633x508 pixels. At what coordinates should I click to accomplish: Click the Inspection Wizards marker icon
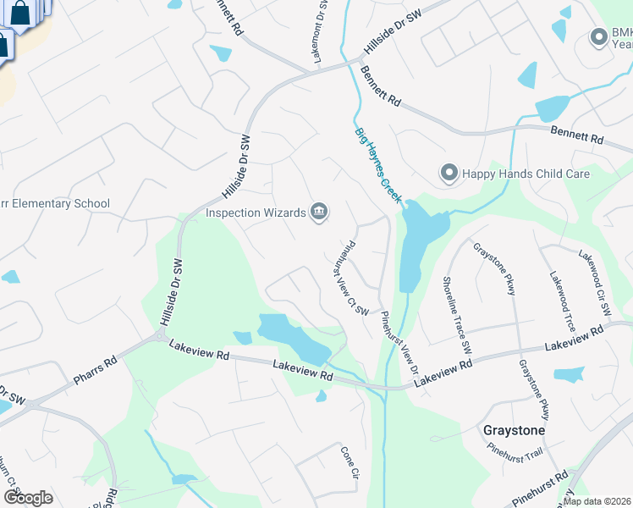319,212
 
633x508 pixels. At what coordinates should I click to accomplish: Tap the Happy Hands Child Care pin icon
449,174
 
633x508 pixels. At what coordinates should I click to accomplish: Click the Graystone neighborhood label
514,430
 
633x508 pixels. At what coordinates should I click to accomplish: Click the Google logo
28,497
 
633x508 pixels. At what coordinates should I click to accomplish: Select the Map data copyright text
596,501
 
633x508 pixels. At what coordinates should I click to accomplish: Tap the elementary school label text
55,203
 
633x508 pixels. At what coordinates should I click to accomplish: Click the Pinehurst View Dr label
399,343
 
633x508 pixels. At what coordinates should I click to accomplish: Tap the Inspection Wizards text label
256,213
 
